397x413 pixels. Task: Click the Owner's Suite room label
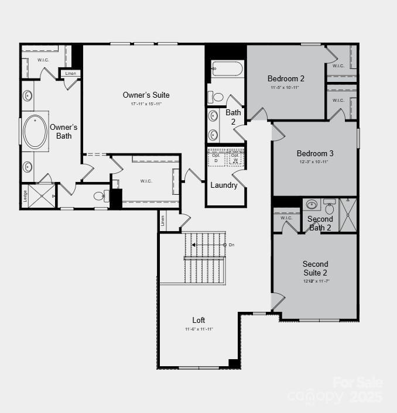coord(146,95)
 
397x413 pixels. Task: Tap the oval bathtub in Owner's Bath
coord(35,132)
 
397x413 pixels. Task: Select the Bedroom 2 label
coord(286,78)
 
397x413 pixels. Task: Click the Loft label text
coord(198,320)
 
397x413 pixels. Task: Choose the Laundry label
coord(224,185)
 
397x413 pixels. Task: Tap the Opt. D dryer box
coord(216,158)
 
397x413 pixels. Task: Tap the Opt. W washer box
coord(235,158)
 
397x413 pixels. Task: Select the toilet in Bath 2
coord(217,97)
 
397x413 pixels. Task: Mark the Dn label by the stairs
coord(231,245)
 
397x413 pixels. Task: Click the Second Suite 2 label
coord(315,268)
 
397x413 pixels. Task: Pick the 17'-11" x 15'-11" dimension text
coord(146,104)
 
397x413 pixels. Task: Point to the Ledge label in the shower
coord(25,195)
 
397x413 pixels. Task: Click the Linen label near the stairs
coord(162,221)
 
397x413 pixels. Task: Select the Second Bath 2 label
coord(320,223)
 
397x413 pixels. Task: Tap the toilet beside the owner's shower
coord(100,196)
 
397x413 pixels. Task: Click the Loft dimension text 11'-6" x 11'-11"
coord(198,329)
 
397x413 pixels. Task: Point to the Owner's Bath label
coord(63,132)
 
